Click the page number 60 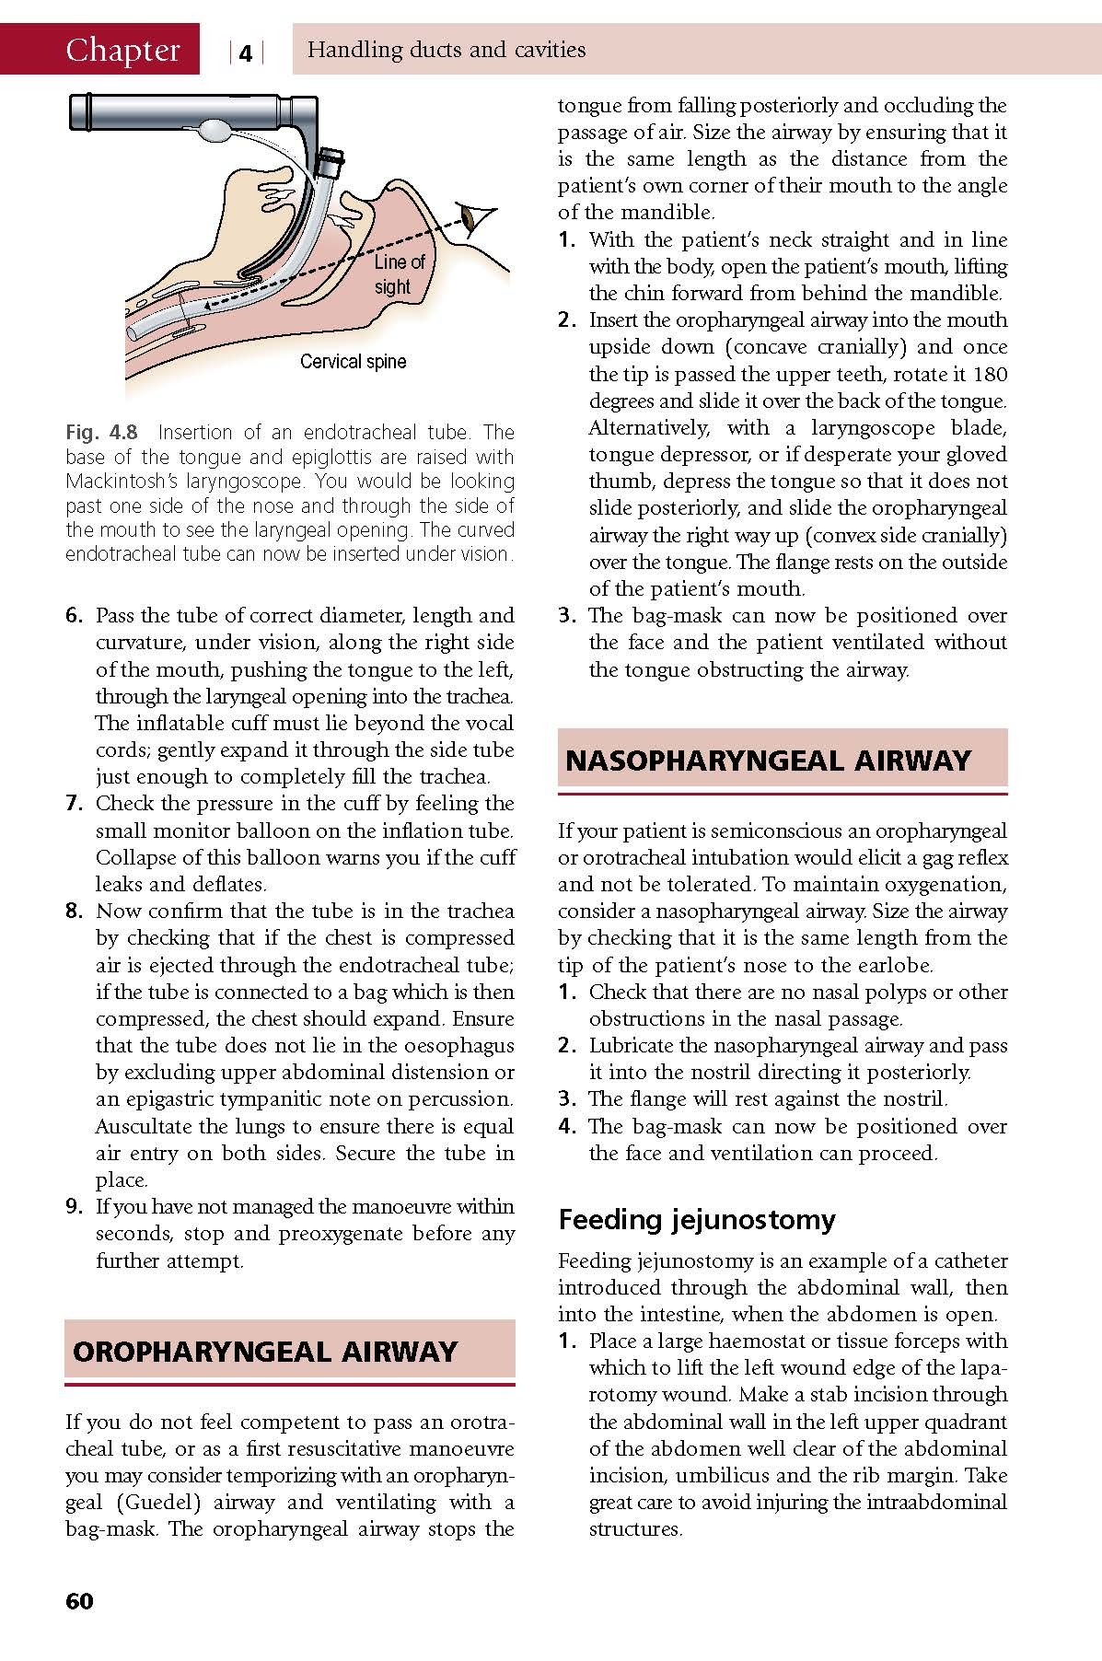[x=79, y=1601]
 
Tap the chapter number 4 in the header [x=245, y=53]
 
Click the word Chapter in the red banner [x=122, y=50]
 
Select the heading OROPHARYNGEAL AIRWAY [x=265, y=1351]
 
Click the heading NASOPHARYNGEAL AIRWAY [x=768, y=760]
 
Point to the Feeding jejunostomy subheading [x=697, y=1219]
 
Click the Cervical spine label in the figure [x=353, y=362]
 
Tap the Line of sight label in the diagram [x=399, y=274]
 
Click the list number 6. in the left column [x=75, y=615]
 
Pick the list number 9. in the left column [x=75, y=1206]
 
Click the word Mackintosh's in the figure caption [x=121, y=481]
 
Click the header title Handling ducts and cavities [x=447, y=50]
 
